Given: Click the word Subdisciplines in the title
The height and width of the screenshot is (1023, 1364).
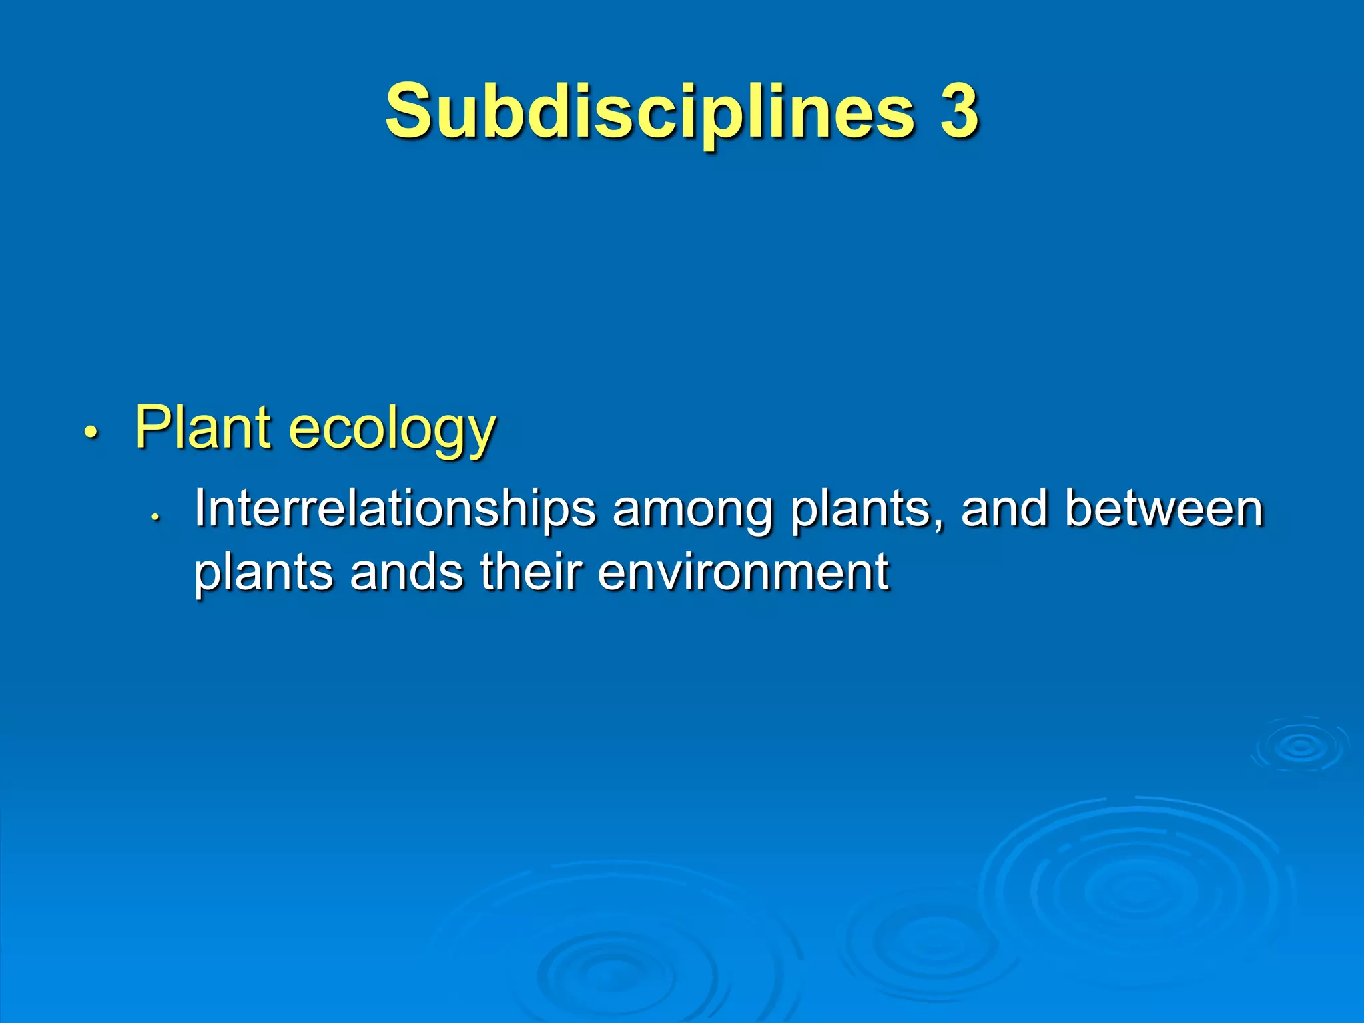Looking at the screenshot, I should (x=650, y=112).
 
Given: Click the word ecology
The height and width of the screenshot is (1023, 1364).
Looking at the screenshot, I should (x=393, y=430).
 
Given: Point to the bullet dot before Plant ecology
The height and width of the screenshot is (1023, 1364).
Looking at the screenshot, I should (x=91, y=432).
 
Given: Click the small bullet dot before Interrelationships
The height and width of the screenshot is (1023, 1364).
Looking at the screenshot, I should (x=154, y=517).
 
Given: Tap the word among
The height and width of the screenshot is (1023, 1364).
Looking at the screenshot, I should (x=693, y=511).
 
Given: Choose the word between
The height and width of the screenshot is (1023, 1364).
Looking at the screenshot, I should (x=1164, y=509).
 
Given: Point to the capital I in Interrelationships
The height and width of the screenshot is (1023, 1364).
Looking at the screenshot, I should (x=199, y=509).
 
